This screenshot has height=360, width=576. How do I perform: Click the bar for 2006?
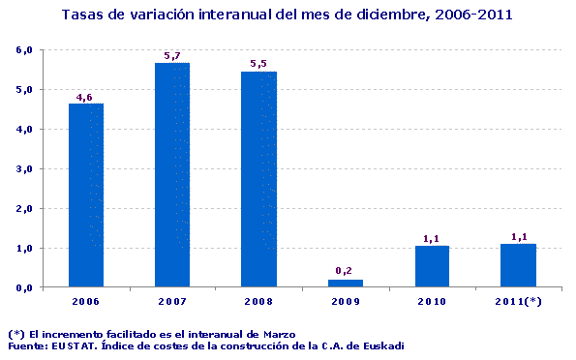[x=86, y=195]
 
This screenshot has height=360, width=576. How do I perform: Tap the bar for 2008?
[x=259, y=179]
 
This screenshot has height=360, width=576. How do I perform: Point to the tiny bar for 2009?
[x=346, y=284]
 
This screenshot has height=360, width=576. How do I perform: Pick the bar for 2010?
[x=432, y=266]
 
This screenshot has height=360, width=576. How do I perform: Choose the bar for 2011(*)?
[x=518, y=265]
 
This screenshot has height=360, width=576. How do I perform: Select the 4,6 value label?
[x=86, y=96]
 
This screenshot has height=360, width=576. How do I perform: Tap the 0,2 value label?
[x=346, y=271]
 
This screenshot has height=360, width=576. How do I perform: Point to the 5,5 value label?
[x=259, y=64]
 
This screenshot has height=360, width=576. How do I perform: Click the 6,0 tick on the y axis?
[x=25, y=49]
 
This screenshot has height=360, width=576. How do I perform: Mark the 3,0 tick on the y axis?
[x=25, y=168]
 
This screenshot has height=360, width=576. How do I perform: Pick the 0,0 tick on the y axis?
[x=25, y=287]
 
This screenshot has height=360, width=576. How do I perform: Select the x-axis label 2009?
[x=346, y=302]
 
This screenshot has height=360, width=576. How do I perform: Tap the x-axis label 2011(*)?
[x=518, y=302]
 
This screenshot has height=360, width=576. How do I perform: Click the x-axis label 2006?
[x=86, y=302]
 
